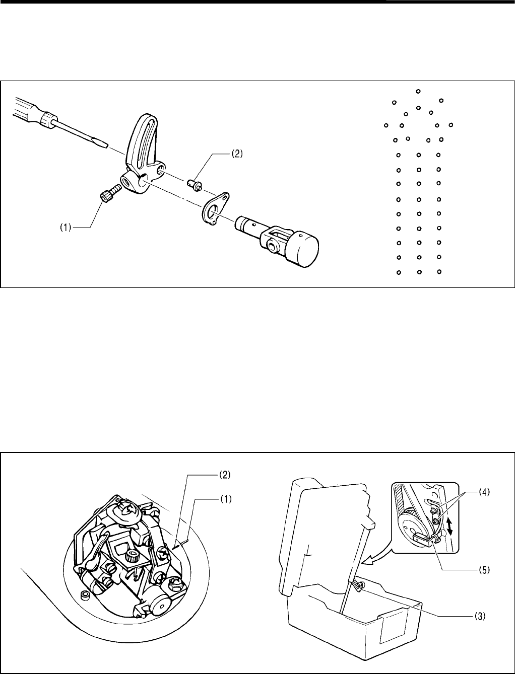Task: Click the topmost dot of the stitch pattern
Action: (x=418, y=91)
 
